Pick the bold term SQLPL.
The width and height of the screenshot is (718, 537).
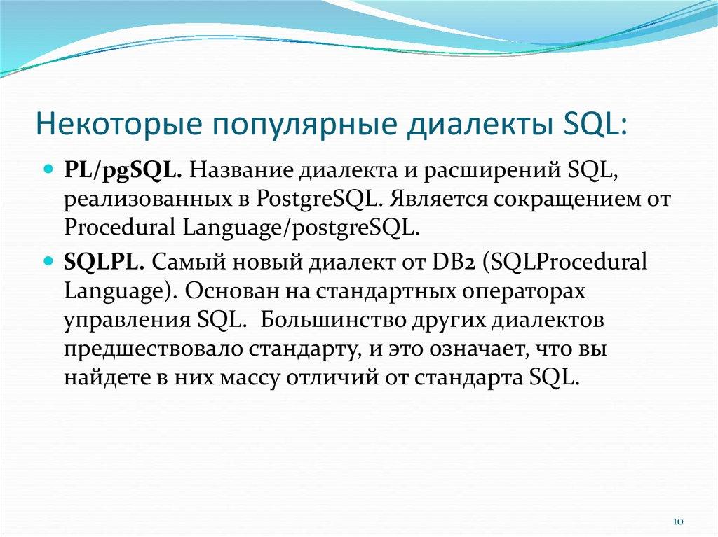[104, 263]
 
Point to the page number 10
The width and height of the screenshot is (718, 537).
[677, 522]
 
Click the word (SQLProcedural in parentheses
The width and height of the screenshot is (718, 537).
[565, 263]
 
